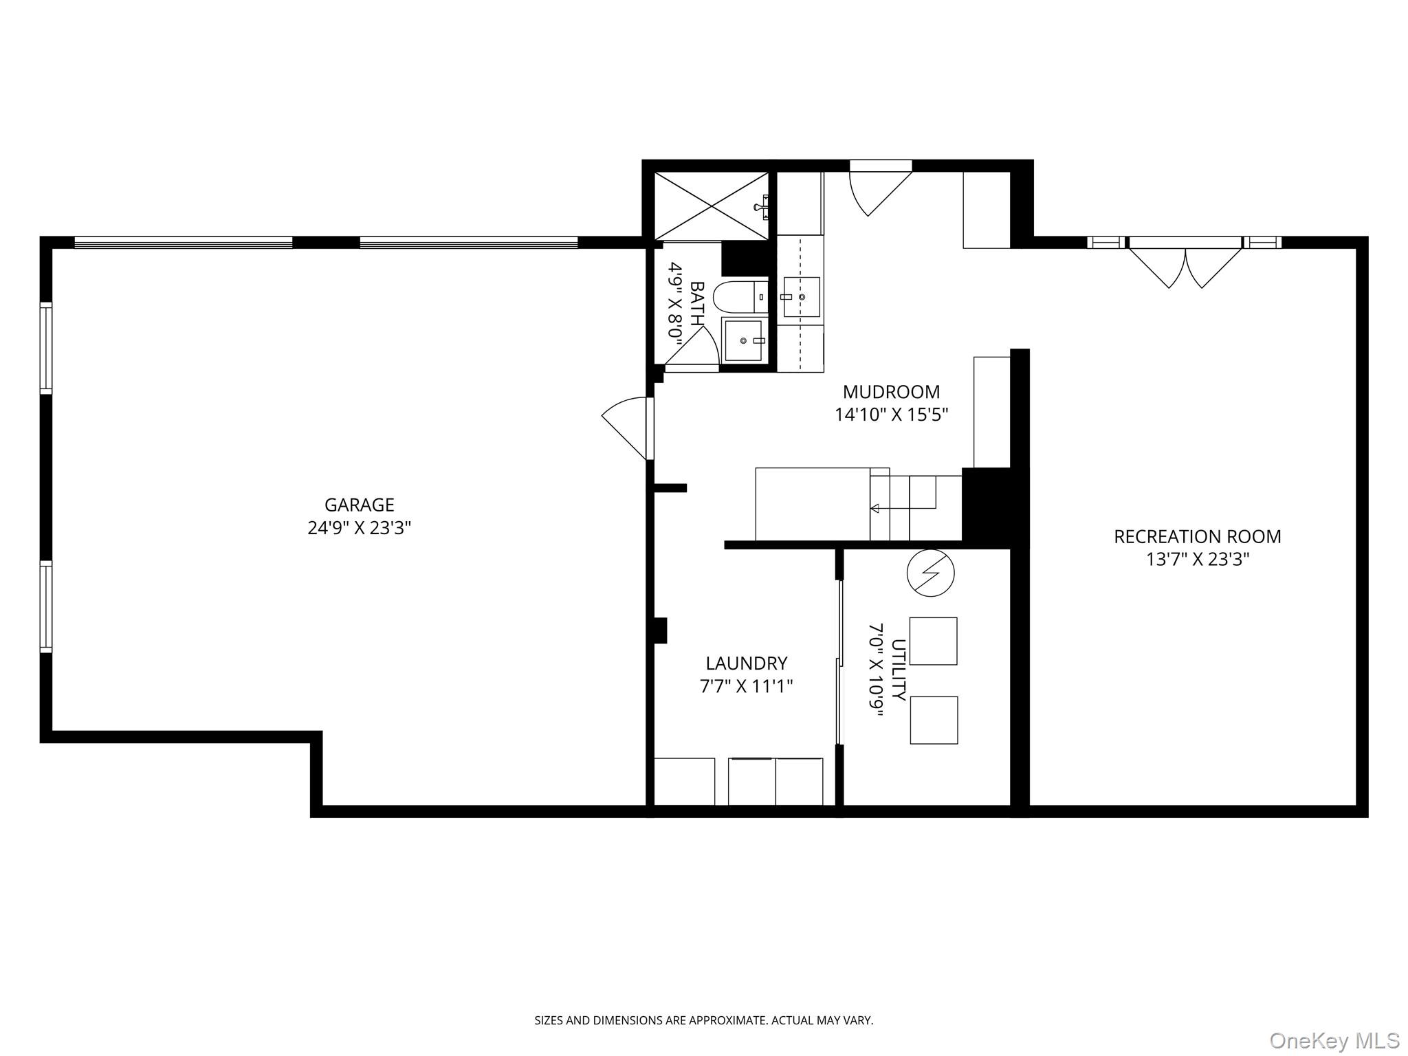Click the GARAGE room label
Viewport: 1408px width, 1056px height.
pyautogui.click(x=359, y=505)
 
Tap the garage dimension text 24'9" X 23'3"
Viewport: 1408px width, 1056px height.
pyautogui.click(x=359, y=528)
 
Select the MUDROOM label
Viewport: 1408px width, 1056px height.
pyautogui.click(x=891, y=392)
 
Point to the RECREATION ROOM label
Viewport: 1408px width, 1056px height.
pyautogui.click(x=1197, y=536)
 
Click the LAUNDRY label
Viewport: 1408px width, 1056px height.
pyautogui.click(x=746, y=663)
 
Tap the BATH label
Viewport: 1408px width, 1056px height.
pyautogui.click(x=697, y=303)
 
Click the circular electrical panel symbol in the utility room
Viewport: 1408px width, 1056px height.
pyautogui.click(x=930, y=572)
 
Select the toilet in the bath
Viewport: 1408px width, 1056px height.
pyautogui.click(x=739, y=297)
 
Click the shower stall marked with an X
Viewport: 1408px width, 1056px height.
pyautogui.click(x=710, y=206)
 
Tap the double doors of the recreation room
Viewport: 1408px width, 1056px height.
pyautogui.click(x=1185, y=265)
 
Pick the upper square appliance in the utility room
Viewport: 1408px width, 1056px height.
pyautogui.click(x=933, y=641)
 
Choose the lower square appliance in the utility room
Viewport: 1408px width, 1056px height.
pyautogui.click(x=934, y=720)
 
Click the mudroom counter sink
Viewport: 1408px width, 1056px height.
pyautogui.click(x=802, y=297)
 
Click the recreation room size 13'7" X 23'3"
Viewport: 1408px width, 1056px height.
pyautogui.click(x=1197, y=560)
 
